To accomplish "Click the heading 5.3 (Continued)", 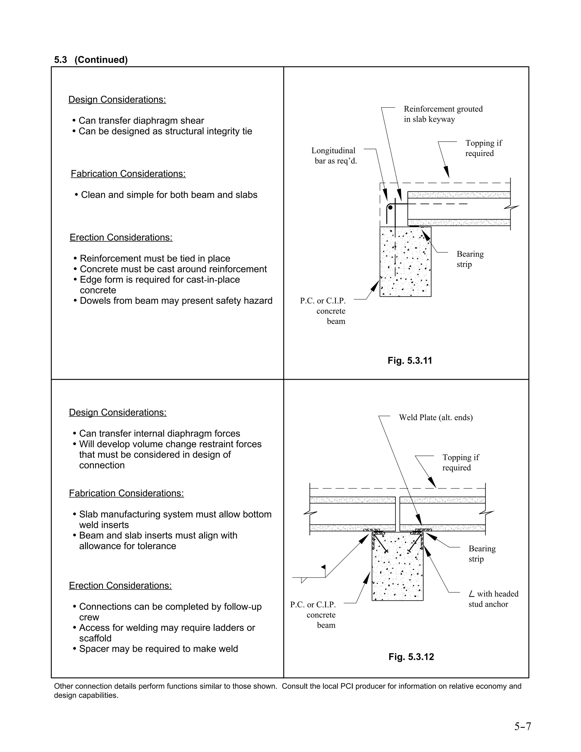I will [x=91, y=60].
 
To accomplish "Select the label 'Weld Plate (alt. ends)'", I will [x=435, y=417].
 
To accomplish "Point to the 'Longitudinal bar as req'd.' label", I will [x=334, y=156].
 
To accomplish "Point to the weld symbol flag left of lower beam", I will [x=323, y=567].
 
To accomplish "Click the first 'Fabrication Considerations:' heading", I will [x=128, y=174].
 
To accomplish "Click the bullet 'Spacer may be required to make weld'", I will [x=158, y=649].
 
